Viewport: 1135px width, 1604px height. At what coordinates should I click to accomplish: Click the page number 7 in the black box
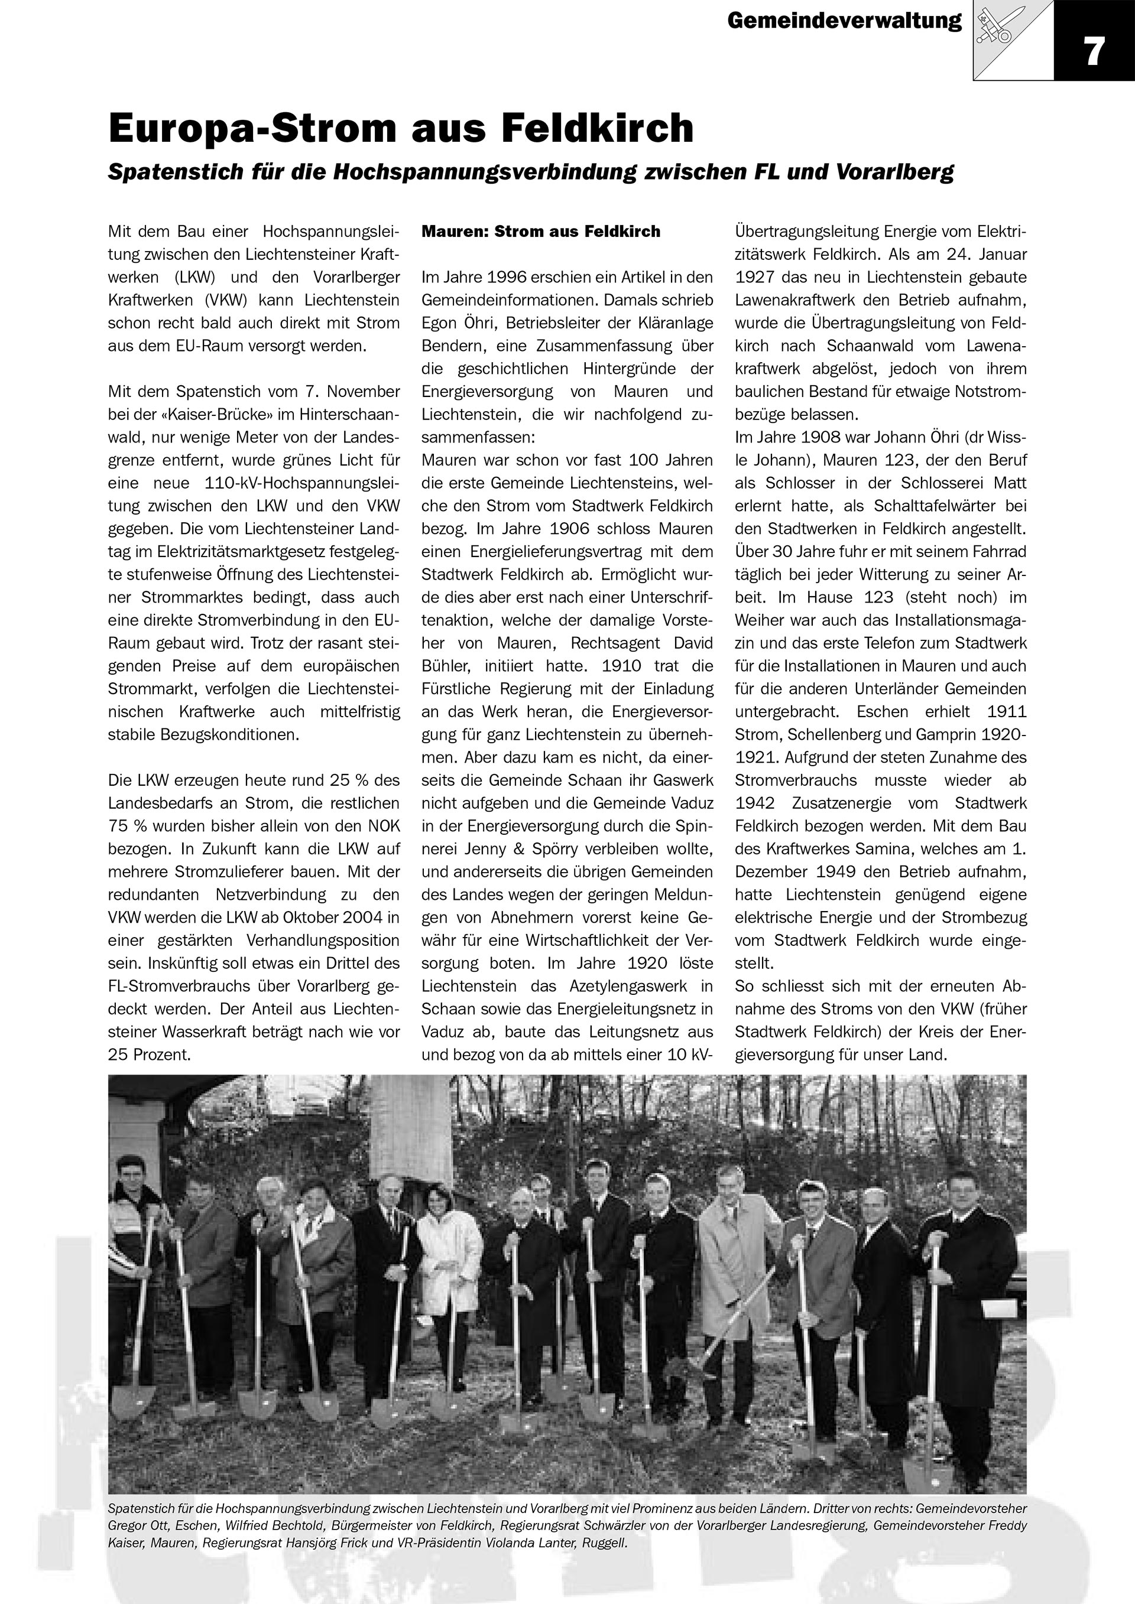pyautogui.click(x=1094, y=51)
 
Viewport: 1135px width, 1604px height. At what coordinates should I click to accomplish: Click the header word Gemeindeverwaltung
pyautogui.click(x=844, y=21)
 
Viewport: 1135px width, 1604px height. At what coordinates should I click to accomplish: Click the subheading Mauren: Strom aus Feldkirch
pyautogui.click(x=540, y=232)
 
